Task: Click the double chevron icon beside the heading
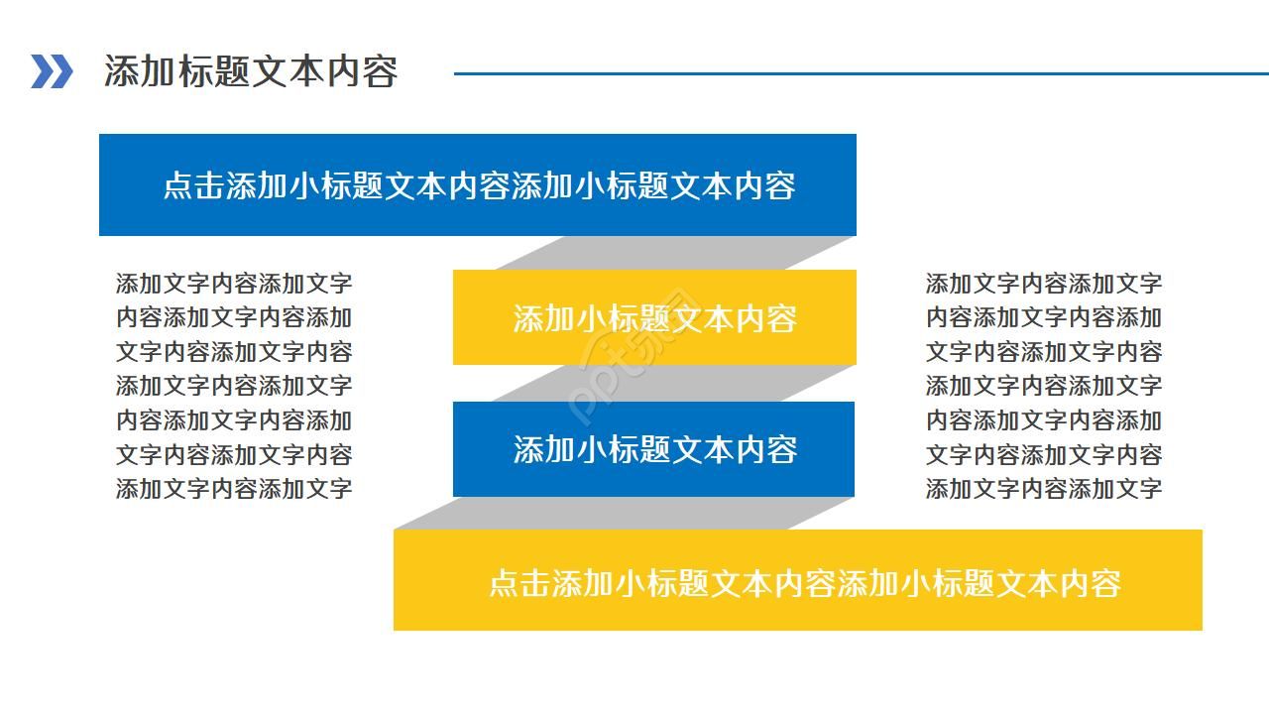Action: pos(52,71)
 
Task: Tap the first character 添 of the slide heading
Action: pos(119,71)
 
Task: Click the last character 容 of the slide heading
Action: pos(382,71)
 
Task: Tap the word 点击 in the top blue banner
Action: pos(193,185)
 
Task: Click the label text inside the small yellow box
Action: pos(654,318)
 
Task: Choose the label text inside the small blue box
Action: pos(654,449)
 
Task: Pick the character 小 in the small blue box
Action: pos(593,449)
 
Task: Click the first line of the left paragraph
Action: pos(234,284)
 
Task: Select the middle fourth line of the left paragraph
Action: pos(234,386)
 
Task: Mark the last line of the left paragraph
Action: pos(234,488)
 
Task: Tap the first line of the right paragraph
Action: pos(1043,284)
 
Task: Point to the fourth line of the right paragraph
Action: pos(1043,386)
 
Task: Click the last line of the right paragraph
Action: pos(1043,488)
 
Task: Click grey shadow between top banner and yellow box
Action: pos(674,253)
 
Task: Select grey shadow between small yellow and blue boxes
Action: pos(674,383)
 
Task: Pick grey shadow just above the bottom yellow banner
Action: pos(625,514)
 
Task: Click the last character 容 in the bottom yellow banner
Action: pos(1105,582)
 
